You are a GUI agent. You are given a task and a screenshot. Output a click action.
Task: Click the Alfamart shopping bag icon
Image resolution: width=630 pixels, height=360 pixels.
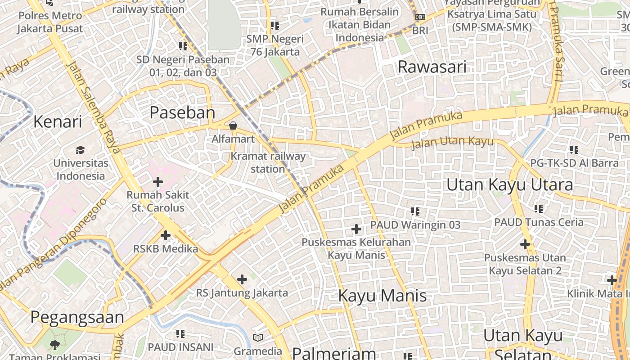[233, 125]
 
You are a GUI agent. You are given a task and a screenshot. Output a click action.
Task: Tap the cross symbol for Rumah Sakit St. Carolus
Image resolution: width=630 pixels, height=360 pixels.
[157, 182]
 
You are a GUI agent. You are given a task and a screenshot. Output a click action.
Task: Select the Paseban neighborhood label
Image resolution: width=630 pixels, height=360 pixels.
[182, 112]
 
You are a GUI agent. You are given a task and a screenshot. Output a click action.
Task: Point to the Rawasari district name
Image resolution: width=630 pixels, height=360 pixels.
[432, 67]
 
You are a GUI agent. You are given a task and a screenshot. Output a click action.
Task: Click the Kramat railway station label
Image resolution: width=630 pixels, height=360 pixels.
[268, 162]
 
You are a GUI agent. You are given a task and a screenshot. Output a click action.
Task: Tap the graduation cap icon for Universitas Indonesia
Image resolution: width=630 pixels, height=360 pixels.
[80, 150]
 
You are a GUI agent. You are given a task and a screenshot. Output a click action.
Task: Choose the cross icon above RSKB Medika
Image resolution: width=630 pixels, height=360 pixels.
[166, 235]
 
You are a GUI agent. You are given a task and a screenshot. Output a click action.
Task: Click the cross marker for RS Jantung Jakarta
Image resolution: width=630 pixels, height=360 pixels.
[242, 279]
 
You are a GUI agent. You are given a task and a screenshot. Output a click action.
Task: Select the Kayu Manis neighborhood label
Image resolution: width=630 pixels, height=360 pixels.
[382, 296]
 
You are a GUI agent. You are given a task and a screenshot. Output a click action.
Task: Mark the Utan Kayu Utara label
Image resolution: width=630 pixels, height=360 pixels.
[510, 185]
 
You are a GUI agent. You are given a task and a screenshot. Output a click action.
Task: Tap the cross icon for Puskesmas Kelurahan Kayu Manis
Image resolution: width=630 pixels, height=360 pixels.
[356, 229]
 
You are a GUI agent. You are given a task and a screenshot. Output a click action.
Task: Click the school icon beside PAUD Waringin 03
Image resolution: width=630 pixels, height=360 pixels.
[415, 211]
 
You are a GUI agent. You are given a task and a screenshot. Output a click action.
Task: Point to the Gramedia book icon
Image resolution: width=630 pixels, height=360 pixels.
[257, 337]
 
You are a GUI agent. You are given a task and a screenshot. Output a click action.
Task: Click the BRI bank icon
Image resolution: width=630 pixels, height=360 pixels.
[420, 17]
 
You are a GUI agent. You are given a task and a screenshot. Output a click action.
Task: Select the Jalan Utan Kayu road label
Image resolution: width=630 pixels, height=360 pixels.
[452, 143]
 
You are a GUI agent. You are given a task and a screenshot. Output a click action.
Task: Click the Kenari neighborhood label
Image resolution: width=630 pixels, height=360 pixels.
[58, 121]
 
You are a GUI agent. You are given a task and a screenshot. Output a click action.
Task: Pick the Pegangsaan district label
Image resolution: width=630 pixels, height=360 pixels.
[77, 317]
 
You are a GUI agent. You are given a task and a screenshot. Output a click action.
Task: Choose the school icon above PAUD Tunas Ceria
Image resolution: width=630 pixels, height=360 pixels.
[539, 208]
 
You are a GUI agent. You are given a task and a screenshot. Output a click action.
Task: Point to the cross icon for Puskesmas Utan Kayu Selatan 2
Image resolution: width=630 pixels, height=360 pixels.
[525, 244]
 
